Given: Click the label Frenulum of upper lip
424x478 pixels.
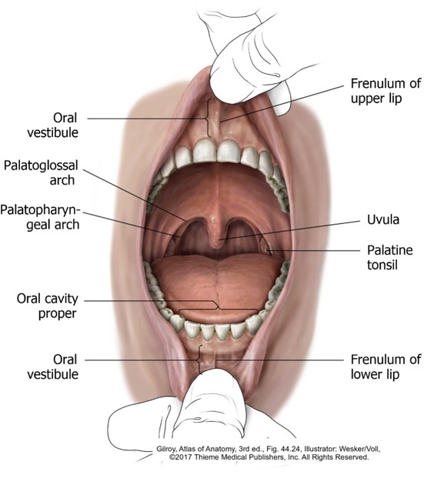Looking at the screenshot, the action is tap(386, 91).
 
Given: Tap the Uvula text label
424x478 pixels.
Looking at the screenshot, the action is tap(383, 219).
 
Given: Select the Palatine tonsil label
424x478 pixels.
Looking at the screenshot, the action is tap(389, 258).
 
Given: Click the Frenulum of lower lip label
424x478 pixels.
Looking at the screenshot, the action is tap(386, 366).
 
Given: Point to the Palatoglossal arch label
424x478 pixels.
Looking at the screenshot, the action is tap(41, 172).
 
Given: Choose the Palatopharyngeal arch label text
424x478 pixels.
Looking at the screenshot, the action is tap(40, 217).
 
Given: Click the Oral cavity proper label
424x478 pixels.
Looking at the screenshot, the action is tap(47, 306).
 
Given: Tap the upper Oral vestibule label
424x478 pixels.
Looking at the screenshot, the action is tap(53, 125).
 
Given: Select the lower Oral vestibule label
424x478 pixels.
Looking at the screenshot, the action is tap(53, 366).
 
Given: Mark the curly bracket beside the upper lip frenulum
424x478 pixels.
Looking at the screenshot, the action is tap(209, 119).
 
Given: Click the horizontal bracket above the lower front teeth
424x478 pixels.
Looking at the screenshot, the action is tap(218, 308).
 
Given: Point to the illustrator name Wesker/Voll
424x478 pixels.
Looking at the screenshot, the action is tap(359, 449).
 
